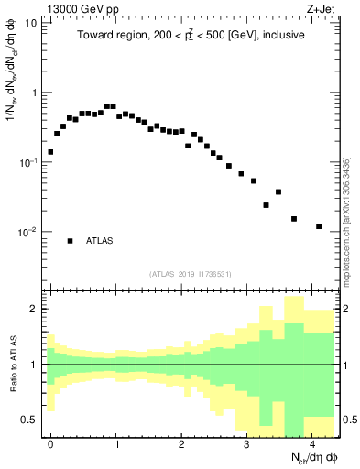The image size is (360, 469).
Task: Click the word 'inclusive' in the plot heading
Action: (279, 34)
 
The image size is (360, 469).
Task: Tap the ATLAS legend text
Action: (99, 241)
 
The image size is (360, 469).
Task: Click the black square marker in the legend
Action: (70, 241)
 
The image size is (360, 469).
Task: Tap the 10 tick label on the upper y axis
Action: (30, 23)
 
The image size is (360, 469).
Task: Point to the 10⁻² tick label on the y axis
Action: (27, 232)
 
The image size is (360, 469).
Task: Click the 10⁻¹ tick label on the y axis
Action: (27, 162)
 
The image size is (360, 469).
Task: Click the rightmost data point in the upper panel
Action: (319, 226)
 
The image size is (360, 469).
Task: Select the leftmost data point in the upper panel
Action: (50, 152)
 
